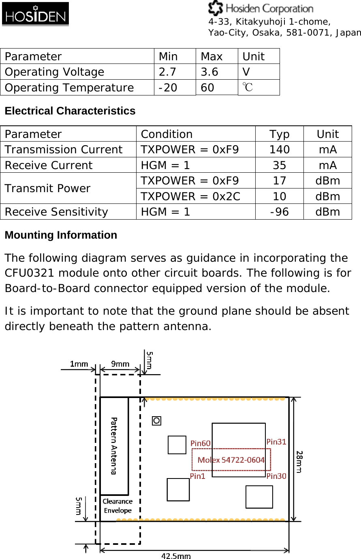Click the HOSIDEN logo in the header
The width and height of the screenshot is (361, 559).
[35, 14]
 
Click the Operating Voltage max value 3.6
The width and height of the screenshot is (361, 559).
[209, 72]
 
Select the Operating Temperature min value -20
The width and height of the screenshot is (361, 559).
[168, 88]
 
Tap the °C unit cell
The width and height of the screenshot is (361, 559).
[248, 87]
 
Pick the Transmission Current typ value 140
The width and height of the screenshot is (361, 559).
[279, 150]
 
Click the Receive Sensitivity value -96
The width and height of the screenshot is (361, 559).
[279, 212]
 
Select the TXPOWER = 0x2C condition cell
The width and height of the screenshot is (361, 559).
[190, 197]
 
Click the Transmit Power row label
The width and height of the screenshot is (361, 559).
[47, 188]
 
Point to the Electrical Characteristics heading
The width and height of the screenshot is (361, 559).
[70, 111]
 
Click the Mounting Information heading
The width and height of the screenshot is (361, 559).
[61, 235]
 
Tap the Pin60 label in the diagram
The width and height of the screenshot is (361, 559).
[201, 443]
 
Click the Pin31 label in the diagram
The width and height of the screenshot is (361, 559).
[276, 442]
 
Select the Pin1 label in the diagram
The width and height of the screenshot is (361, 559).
[198, 476]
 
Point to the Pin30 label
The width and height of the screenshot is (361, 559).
[276, 476]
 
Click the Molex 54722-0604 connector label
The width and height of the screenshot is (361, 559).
[231, 460]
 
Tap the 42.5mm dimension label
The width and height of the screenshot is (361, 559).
[176, 556]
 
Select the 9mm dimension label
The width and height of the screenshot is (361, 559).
[120, 364]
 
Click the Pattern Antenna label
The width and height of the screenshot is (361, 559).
[114, 446]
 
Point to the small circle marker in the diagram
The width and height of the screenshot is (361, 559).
[156, 421]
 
